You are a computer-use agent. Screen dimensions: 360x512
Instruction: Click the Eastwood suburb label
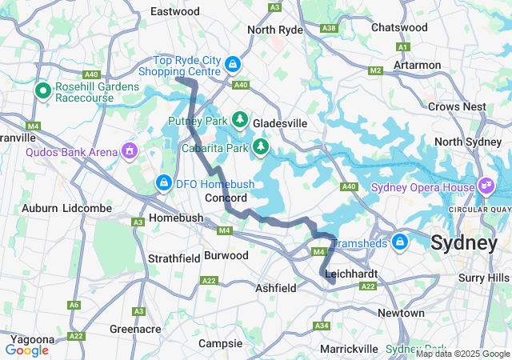coord(175,12)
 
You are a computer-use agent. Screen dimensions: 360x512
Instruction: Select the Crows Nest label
coord(457,106)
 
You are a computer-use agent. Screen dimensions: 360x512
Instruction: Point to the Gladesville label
coord(280,124)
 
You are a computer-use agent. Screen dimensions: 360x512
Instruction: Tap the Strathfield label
coord(173,258)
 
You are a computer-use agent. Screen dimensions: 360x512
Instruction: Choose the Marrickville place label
coord(349,350)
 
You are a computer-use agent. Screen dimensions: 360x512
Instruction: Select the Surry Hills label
coord(483,277)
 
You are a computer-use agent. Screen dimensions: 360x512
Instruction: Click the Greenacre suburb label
coord(135,329)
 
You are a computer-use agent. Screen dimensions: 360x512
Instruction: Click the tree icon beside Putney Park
coord(240,120)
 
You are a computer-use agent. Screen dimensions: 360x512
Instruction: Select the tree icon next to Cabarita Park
coord(261,146)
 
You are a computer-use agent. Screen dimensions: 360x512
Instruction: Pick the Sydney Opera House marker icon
coord(486,186)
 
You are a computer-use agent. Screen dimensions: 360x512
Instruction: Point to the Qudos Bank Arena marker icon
coord(129,150)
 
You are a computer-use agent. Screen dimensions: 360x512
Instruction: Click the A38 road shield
coord(328,28)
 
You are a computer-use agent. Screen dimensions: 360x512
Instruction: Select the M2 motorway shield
coord(374,72)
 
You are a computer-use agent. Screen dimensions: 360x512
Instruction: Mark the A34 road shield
coord(322,326)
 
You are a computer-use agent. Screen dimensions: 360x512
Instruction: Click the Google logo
coord(27,350)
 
